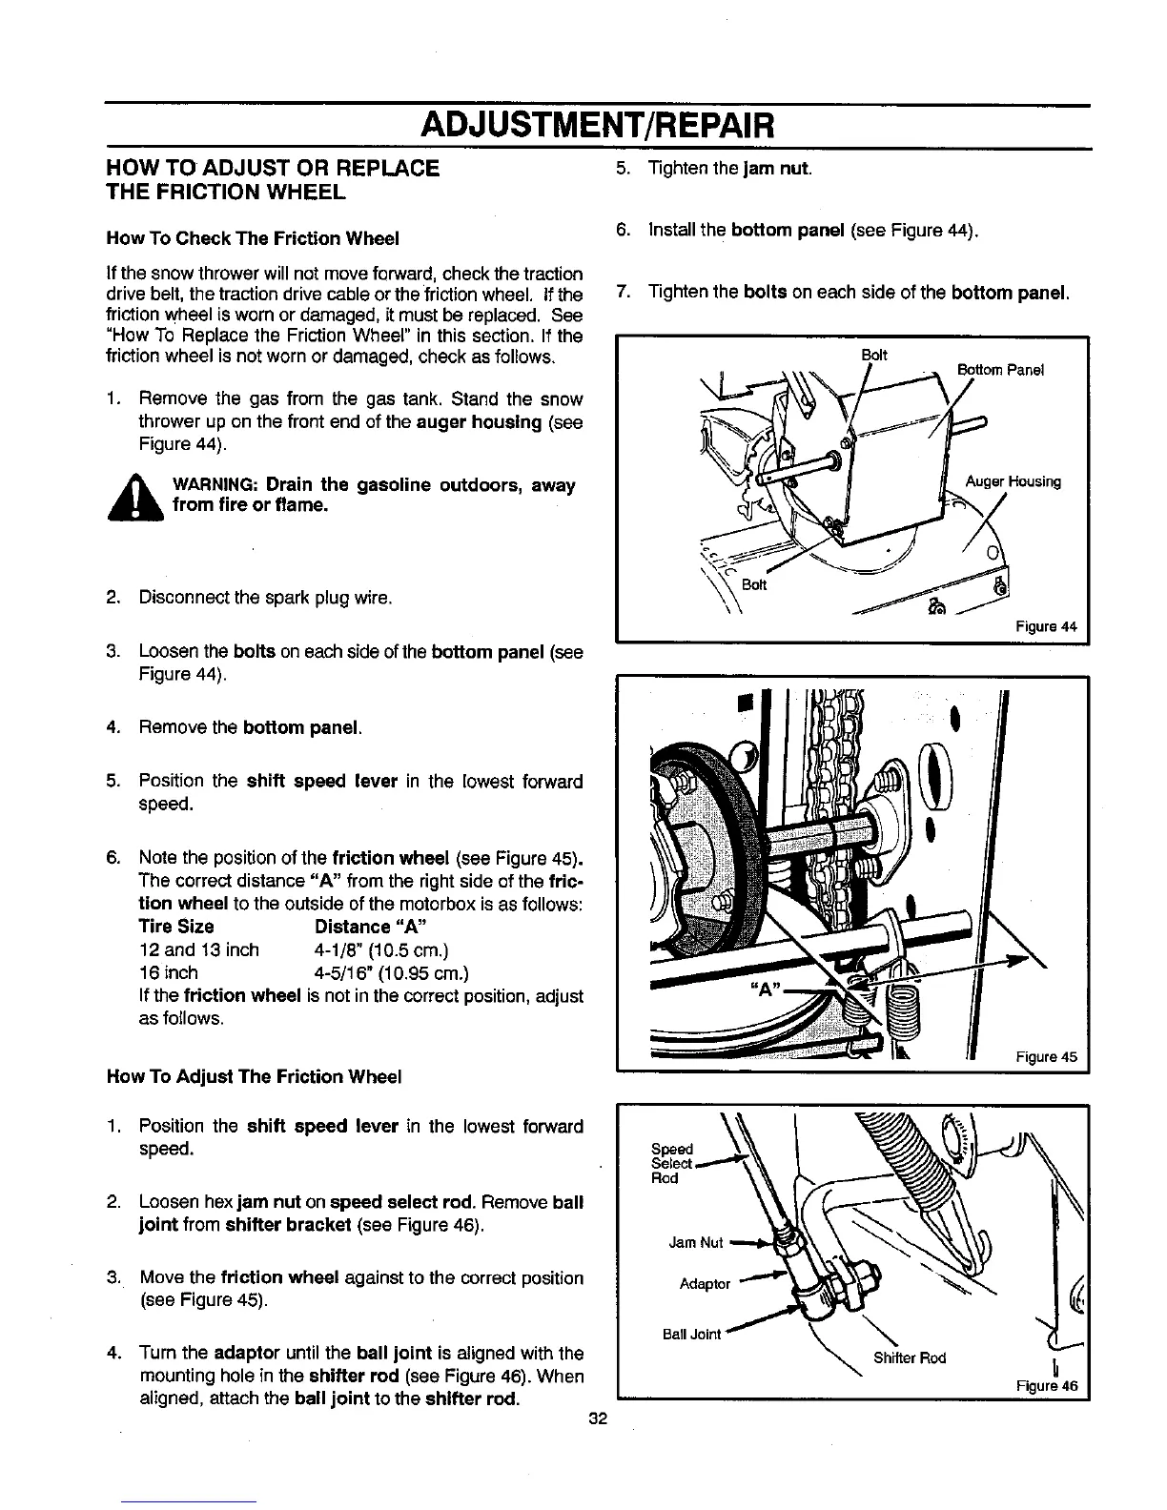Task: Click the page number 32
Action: coord(598,1418)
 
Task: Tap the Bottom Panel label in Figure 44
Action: coord(1000,370)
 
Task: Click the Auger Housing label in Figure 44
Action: coord(1013,482)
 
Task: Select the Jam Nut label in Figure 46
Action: coord(696,1243)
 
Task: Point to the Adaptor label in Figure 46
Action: coord(705,1284)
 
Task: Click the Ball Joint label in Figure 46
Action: coord(692,1334)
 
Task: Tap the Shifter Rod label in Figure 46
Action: coord(909,1358)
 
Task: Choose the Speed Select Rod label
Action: coord(671,1163)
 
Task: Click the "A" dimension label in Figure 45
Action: coord(764,990)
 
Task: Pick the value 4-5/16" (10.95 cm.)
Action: coord(391,973)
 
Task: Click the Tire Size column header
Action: coord(176,927)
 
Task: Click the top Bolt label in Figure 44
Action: coord(873,356)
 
